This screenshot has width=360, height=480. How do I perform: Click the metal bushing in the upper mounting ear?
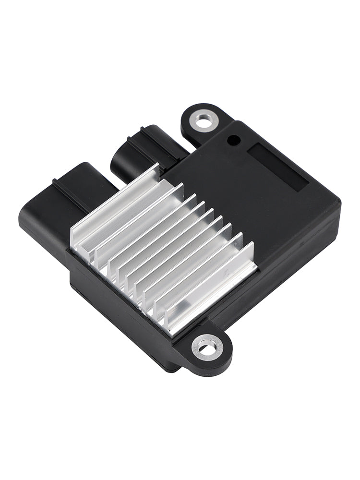click(204, 121)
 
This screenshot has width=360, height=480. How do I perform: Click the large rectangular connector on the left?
click(58, 206)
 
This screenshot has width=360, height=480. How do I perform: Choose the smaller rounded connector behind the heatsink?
click(132, 154)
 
